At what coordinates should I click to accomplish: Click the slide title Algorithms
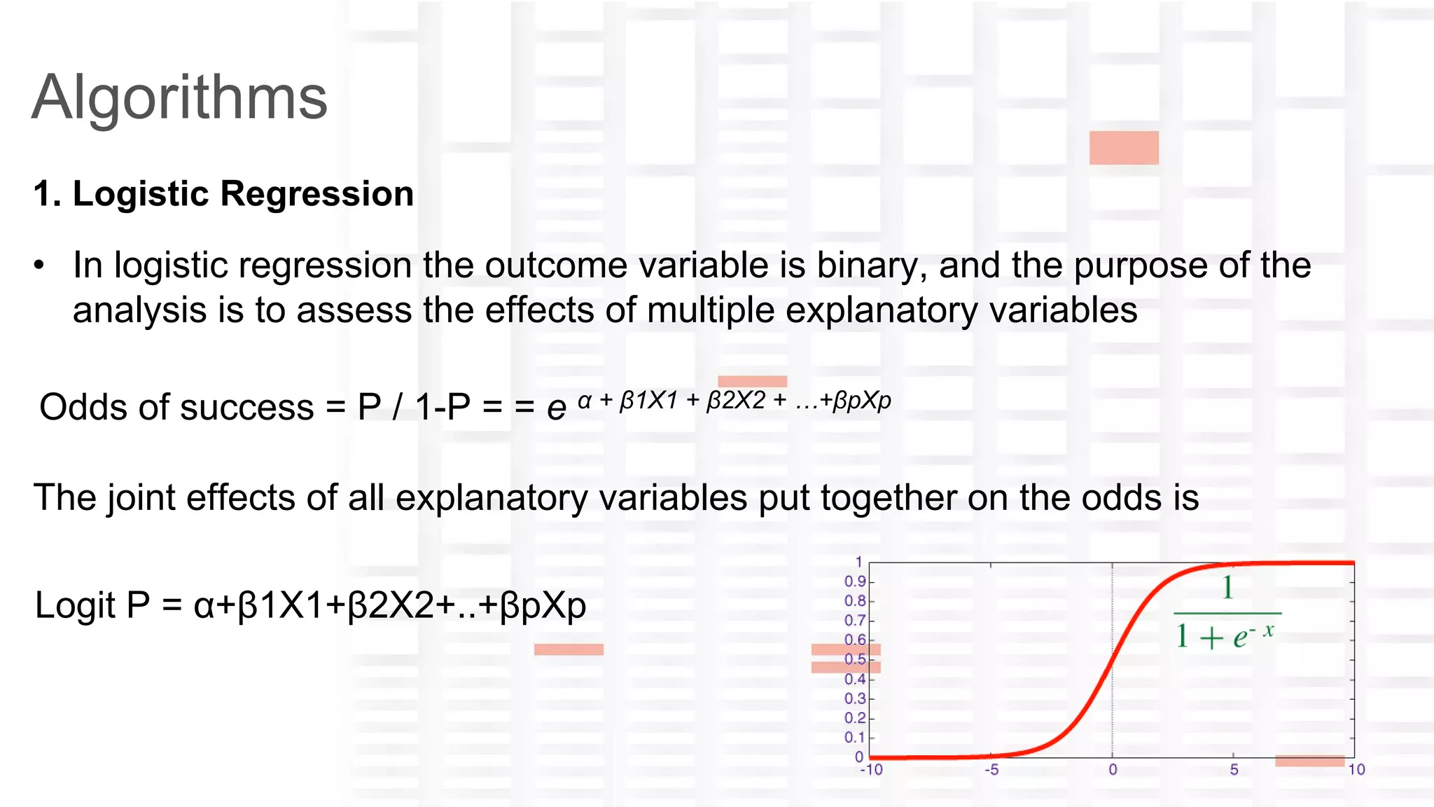(x=180, y=98)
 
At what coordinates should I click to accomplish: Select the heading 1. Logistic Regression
(x=223, y=194)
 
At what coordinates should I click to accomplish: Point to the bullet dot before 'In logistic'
(x=39, y=266)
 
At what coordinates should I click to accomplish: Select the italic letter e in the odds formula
(x=556, y=408)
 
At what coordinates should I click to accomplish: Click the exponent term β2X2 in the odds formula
(x=736, y=401)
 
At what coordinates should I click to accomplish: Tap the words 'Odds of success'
(x=176, y=407)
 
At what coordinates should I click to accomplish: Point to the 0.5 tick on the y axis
(x=855, y=660)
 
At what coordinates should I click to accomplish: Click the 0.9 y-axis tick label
(x=855, y=581)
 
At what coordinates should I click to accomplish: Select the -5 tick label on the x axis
(x=991, y=770)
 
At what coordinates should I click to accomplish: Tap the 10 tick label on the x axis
(x=1356, y=770)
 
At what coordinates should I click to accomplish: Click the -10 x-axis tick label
(x=871, y=770)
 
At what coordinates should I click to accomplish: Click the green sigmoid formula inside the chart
(x=1226, y=614)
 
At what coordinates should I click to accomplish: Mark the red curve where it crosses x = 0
(x=1112, y=660)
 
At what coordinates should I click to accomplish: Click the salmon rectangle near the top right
(x=1124, y=148)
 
